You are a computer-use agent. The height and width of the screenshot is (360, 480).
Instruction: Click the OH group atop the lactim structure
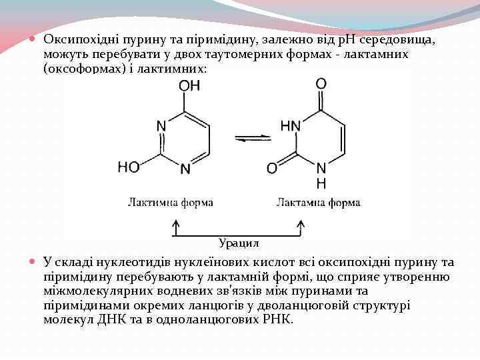tap(189, 86)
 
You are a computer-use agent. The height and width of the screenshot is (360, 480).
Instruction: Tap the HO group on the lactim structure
tap(129, 167)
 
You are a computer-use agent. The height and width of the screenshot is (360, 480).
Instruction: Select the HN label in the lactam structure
tap(290, 125)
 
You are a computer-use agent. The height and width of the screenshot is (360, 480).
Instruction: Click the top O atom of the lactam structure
tap(321, 84)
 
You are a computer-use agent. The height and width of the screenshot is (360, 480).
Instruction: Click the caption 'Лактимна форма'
tap(171, 202)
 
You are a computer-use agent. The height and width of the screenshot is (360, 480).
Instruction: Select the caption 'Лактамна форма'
tap(319, 202)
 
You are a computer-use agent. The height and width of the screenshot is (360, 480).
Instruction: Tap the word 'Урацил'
tap(239, 242)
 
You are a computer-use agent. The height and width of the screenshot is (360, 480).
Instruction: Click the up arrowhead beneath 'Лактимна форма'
tap(175, 224)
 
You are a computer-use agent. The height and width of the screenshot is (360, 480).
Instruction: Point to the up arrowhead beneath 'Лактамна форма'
tap(301, 224)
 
